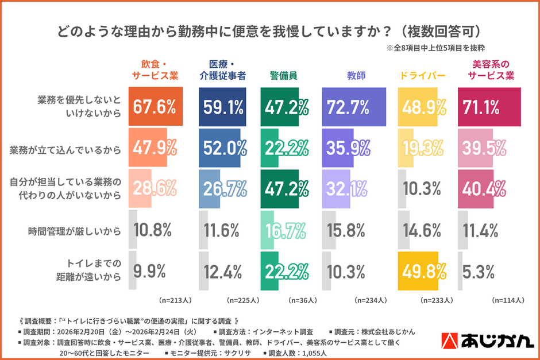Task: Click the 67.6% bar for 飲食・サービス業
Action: pos(156,107)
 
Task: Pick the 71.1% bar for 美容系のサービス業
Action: pos(488,107)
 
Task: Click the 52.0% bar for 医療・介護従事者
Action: pos(220,148)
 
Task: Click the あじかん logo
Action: pos(487,341)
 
